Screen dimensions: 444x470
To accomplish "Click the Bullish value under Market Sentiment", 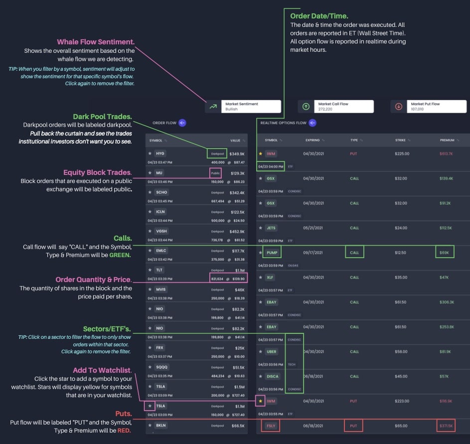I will [x=232, y=109].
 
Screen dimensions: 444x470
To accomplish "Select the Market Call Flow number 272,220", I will [x=325, y=109].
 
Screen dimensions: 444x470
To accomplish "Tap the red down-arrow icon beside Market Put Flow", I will [x=398, y=106].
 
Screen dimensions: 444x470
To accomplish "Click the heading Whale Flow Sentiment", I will [x=96, y=42].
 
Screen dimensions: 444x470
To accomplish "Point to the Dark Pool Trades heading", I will [x=104, y=116].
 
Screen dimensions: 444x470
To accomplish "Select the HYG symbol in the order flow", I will [x=159, y=153].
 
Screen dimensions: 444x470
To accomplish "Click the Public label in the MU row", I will [x=215, y=172].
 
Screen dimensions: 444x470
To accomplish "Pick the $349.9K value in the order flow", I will [x=237, y=153].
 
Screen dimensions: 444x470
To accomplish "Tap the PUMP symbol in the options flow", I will [x=272, y=253].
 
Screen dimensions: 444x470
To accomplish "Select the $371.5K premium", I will [x=446, y=426].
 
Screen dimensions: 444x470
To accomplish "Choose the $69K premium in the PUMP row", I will [x=444, y=253].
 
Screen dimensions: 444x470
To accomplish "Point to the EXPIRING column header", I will [x=313, y=140].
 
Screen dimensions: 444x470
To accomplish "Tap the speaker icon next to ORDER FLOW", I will [x=182, y=123].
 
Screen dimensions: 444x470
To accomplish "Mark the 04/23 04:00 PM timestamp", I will [x=271, y=165].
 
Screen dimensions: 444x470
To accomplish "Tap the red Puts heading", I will [x=120, y=414].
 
